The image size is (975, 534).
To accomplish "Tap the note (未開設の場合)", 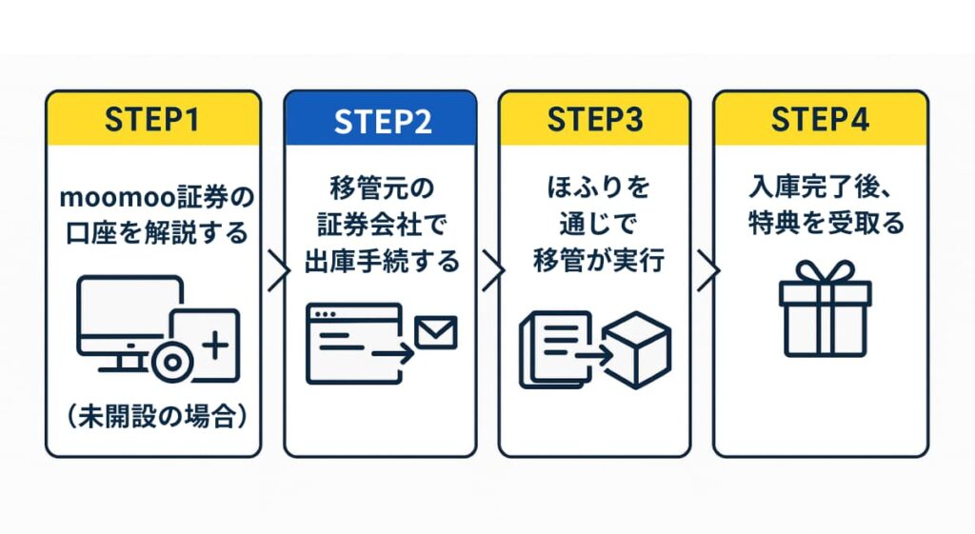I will (152, 416).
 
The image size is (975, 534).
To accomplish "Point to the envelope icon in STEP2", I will (436, 333).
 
